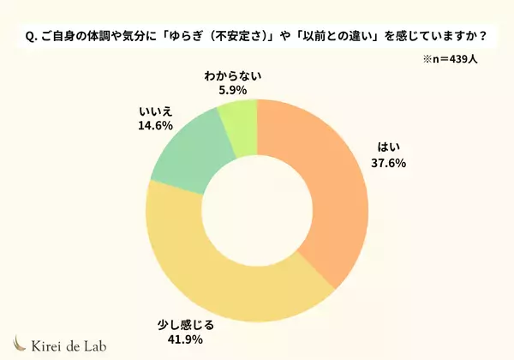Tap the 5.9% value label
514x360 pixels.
coord(232,89)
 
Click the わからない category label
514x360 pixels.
coord(232,75)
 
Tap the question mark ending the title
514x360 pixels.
coord(484,37)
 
